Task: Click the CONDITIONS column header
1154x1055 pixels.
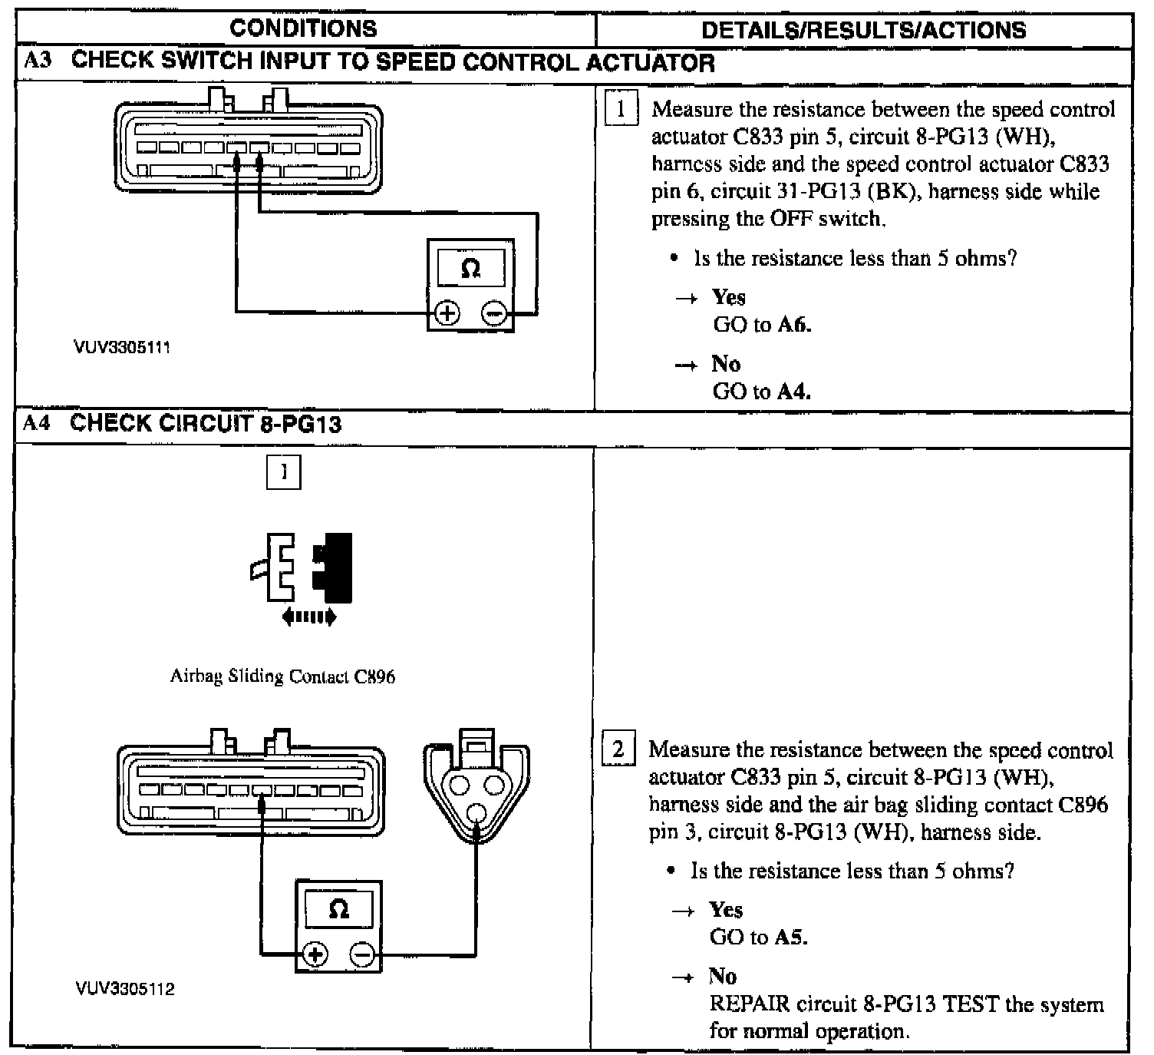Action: pyautogui.click(x=303, y=29)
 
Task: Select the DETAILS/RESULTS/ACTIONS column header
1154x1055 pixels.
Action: pyautogui.click(x=863, y=30)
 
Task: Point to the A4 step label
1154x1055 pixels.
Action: pyautogui.click(x=36, y=423)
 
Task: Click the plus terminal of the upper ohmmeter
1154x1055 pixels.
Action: pyautogui.click(x=447, y=313)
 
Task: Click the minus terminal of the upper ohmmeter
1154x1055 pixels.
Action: pyautogui.click(x=495, y=313)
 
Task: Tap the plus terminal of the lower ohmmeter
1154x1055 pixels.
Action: pyautogui.click(x=315, y=954)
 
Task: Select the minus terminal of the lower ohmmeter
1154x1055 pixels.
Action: pyautogui.click(x=362, y=954)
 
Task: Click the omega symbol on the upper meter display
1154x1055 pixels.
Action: pyautogui.click(x=471, y=269)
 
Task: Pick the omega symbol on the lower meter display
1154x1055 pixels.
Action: pyautogui.click(x=338, y=910)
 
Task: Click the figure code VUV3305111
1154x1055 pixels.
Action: pyautogui.click(x=122, y=347)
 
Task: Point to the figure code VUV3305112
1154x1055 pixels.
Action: pyautogui.click(x=125, y=988)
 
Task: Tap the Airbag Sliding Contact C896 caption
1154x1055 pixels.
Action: pyautogui.click(x=282, y=676)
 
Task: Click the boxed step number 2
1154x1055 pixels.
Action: pyautogui.click(x=618, y=748)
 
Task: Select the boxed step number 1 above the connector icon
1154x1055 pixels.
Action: pyautogui.click(x=283, y=472)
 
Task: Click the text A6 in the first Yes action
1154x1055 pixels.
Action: pyautogui.click(x=793, y=325)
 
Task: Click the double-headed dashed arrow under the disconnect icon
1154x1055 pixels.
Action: pyautogui.click(x=309, y=616)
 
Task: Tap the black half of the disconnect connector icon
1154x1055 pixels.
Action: pyautogui.click(x=334, y=567)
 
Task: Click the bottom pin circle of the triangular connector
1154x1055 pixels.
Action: pyautogui.click(x=476, y=812)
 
